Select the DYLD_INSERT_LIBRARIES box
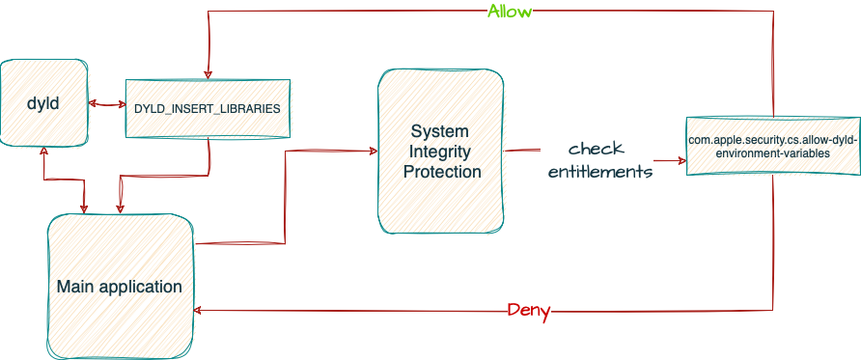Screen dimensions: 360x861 pyautogui.click(x=208, y=108)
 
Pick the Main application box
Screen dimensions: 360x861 pyautogui.click(x=119, y=286)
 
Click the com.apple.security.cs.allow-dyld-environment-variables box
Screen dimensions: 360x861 pyautogui.click(x=772, y=147)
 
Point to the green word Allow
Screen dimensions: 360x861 pyautogui.click(x=510, y=12)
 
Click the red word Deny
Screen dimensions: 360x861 pyautogui.click(x=529, y=311)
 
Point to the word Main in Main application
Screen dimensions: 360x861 pyautogui.click(x=75, y=287)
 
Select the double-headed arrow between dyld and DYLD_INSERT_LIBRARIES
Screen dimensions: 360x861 pyautogui.click(x=106, y=103)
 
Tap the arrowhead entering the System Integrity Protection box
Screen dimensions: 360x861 pyautogui.click(x=371, y=150)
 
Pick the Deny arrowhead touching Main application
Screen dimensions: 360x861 pyautogui.click(x=199, y=310)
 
